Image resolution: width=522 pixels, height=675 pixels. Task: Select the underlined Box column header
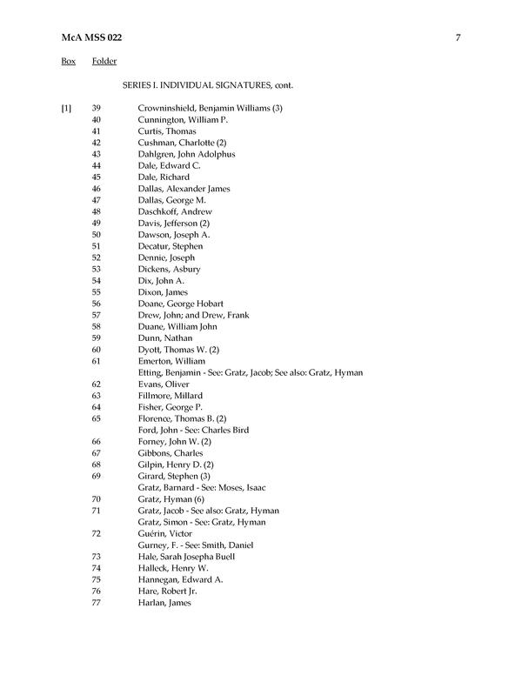click(68, 62)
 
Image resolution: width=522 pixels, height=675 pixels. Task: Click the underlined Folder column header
click(104, 62)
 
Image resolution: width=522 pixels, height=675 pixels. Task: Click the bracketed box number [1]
click(67, 108)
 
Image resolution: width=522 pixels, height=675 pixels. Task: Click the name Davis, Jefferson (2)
click(173, 223)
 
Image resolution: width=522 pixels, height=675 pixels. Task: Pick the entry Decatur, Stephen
click(171, 246)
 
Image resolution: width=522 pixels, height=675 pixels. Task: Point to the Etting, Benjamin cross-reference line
click(250, 372)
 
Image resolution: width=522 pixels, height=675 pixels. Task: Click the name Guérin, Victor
click(166, 533)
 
